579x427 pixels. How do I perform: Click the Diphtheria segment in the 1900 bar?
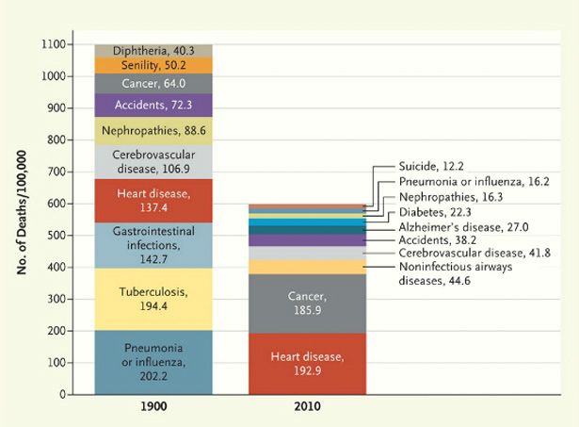[153, 50]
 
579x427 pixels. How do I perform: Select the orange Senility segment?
[153, 65]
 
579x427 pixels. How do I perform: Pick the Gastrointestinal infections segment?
[153, 245]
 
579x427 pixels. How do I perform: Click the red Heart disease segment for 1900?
[153, 201]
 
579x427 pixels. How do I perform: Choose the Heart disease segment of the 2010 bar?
[308, 363]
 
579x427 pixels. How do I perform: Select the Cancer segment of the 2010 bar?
[308, 303]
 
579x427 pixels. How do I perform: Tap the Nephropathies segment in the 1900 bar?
[153, 130]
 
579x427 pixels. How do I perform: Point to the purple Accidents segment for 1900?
[153, 105]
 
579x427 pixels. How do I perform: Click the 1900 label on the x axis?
[153, 410]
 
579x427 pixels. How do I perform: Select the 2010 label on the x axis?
[308, 410]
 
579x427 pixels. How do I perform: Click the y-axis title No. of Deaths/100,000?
[21, 219]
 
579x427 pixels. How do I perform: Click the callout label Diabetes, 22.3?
[434, 213]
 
